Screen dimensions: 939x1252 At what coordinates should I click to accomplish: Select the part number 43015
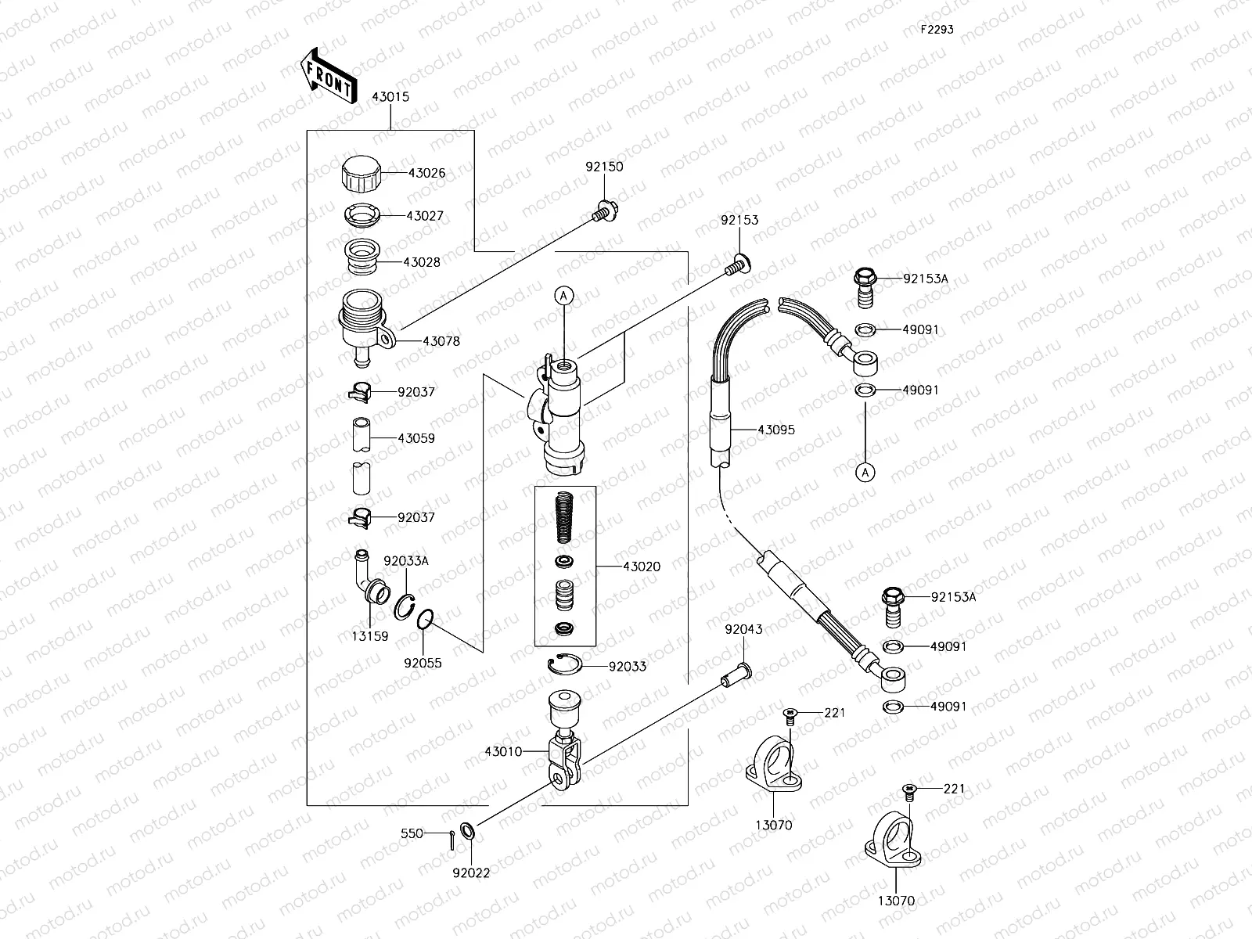[390, 97]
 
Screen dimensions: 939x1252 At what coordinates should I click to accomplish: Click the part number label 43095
[776, 430]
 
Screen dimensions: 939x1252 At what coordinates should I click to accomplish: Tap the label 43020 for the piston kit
[642, 567]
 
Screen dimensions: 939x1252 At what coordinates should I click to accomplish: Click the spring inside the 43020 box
[565, 518]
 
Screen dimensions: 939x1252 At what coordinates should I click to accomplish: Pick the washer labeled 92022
[466, 830]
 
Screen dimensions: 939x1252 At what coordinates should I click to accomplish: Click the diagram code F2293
[937, 29]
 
